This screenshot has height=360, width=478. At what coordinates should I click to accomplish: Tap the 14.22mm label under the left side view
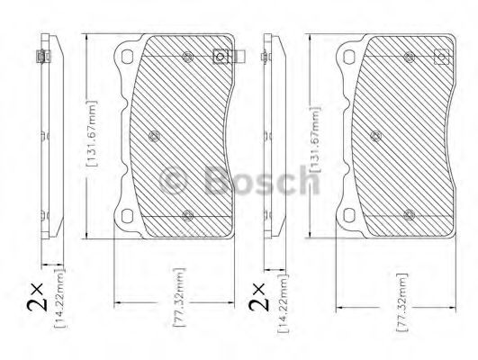click(x=59, y=307)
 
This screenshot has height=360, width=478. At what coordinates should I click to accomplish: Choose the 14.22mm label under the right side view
click(x=282, y=307)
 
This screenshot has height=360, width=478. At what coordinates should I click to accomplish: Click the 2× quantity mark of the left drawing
click(x=32, y=296)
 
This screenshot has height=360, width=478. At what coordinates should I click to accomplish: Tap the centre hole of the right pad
click(x=374, y=137)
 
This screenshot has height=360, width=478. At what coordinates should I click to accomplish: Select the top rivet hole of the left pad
click(x=187, y=58)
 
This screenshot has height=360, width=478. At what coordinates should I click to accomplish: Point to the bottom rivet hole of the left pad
click(x=187, y=214)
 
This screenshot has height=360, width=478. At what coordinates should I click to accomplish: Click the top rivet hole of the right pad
click(x=409, y=58)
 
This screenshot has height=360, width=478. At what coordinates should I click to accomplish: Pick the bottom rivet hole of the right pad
click(x=409, y=214)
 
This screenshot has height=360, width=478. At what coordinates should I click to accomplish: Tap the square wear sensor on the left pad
click(x=219, y=57)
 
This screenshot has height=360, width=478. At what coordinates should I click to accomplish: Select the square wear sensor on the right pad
click(x=441, y=57)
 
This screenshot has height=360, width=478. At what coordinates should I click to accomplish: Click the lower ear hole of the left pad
click(x=126, y=216)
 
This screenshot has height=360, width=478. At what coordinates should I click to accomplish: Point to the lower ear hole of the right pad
click(x=347, y=216)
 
